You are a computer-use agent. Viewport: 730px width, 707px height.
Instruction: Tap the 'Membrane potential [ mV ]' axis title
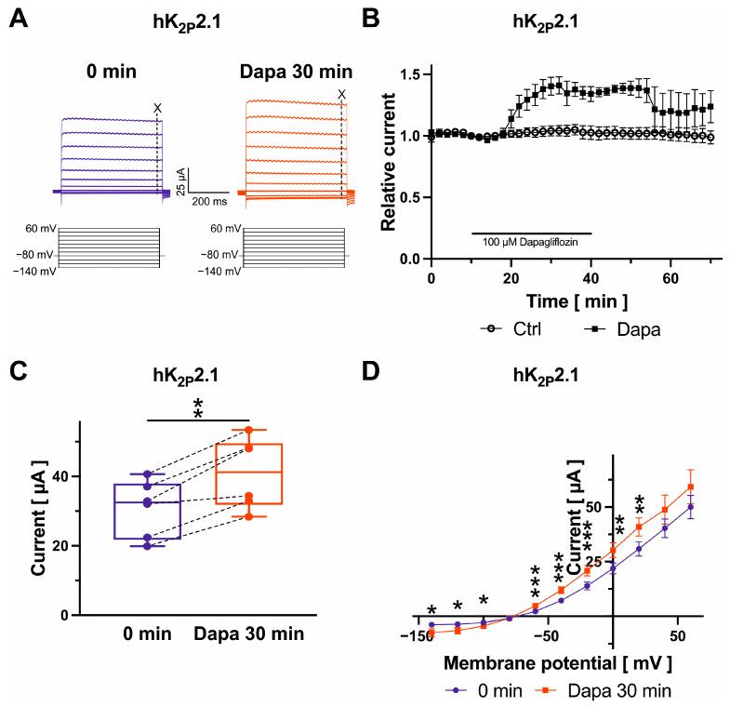click(557, 663)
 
